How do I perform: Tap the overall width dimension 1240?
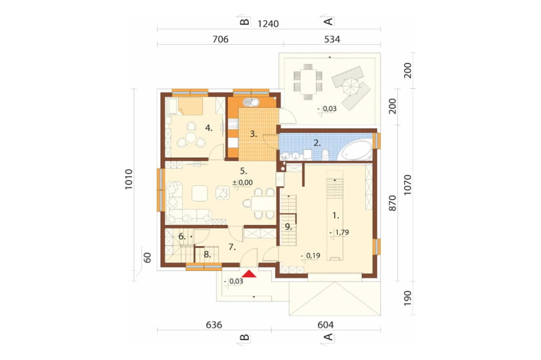click(268, 24)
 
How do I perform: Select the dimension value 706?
click(220, 39)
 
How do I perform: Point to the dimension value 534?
click(332, 39)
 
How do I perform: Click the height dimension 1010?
click(128, 179)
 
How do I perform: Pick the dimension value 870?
click(393, 203)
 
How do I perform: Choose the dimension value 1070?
click(407, 185)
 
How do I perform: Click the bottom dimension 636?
click(214, 325)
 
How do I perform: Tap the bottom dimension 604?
click(325, 325)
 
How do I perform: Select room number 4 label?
click(209, 128)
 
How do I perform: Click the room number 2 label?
click(317, 143)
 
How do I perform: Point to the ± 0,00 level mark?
click(242, 182)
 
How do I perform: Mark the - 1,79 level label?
click(339, 232)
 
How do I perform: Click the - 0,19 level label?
click(311, 256)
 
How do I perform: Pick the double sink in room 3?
click(251, 102)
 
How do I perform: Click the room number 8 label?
click(207, 255)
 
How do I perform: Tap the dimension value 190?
click(407, 298)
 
